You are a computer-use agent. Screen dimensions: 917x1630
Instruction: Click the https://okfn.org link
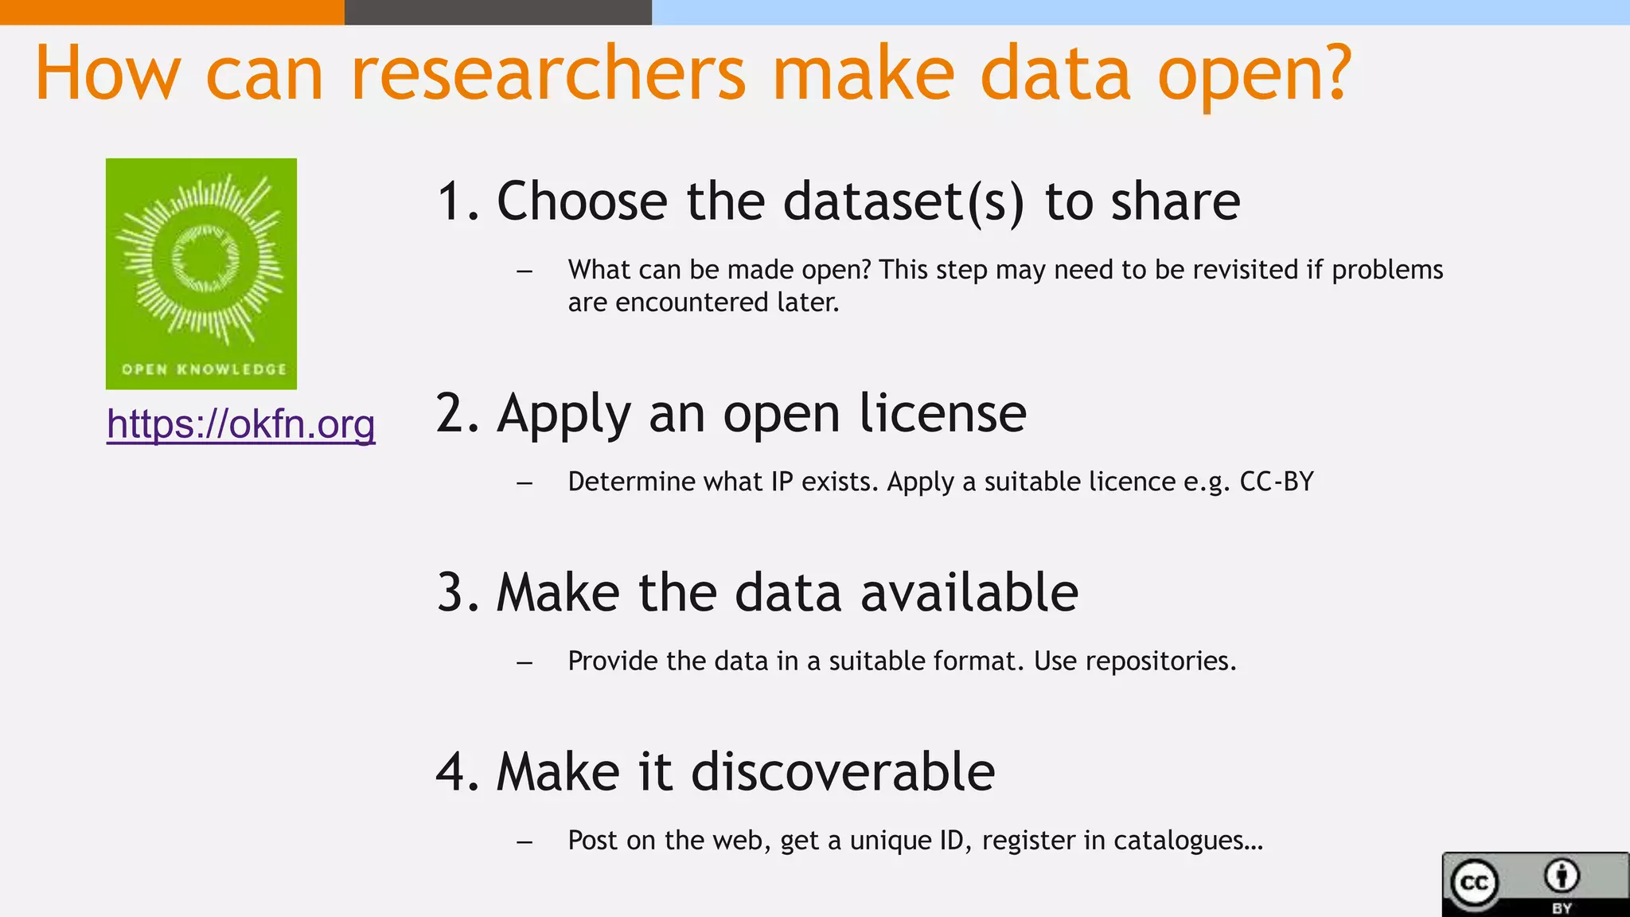point(240,423)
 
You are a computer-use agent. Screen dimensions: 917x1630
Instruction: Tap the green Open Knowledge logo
point(201,273)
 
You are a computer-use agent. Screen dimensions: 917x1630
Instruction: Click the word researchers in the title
point(548,73)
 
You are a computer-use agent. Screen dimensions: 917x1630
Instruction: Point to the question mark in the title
point(1333,73)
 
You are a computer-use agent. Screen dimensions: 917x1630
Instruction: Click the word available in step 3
point(969,593)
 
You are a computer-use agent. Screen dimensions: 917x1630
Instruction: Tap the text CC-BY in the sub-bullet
point(1277,482)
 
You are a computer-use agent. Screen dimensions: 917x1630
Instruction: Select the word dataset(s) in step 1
point(903,201)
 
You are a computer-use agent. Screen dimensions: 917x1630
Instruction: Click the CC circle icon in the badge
point(1474,883)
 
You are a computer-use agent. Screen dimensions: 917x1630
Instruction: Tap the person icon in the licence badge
point(1562,876)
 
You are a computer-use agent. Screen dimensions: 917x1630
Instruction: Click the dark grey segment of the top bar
point(497,12)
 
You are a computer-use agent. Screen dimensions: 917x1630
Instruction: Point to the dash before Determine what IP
point(524,482)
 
